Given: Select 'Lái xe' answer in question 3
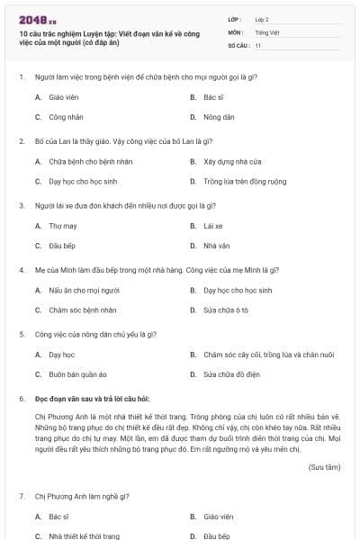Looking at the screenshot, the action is pos(213,226).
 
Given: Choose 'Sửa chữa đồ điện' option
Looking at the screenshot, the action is pos(231,374).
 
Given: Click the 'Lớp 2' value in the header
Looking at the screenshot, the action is pos(262,18).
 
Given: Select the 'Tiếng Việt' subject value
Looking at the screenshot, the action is pos(267,31).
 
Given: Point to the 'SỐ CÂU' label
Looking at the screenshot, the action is pos(238,45).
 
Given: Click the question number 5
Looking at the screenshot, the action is pos(21,334).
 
